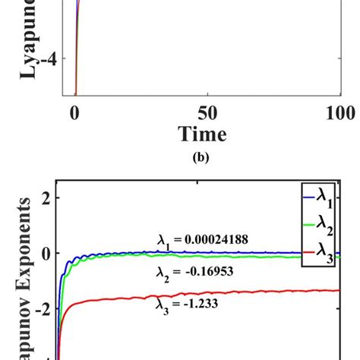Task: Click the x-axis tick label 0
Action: [74, 113]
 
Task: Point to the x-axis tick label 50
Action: [207, 113]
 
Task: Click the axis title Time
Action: [202, 135]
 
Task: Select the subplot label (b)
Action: [202, 160]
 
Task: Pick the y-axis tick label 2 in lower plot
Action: [44, 198]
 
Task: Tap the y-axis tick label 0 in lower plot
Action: [44, 254]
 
